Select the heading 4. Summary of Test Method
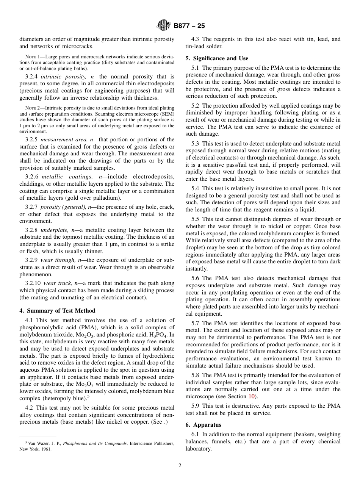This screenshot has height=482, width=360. coord(57,311)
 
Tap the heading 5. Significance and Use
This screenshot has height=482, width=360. coord(217,58)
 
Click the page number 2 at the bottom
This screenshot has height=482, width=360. coord(180,466)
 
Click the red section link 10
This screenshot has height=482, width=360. coord(252,396)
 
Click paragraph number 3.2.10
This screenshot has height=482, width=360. coord(33,283)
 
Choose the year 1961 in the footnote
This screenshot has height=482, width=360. coord(46,449)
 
